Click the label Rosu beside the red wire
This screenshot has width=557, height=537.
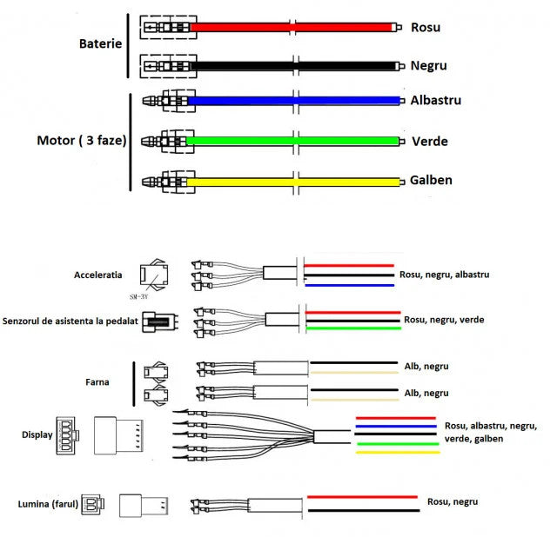click(425, 27)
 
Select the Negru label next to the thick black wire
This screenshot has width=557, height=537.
click(429, 65)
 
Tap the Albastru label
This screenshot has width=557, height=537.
click(436, 100)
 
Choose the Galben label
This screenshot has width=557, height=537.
click(432, 180)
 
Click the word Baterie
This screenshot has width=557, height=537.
click(100, 43)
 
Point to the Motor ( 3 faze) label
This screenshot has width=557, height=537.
click(81, 140)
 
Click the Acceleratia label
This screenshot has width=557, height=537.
click(97, 275)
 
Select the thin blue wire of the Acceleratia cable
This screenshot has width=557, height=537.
click(348, 285)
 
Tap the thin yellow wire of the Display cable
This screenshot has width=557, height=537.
click(397, 452)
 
